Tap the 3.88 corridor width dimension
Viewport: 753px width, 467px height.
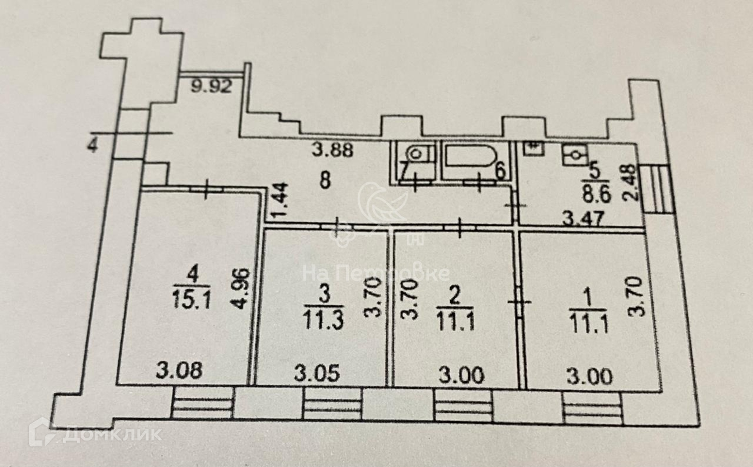click(332, 151)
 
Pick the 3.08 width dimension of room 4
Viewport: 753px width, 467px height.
click(180, 371)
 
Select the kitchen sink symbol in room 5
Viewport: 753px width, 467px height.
click(573, 154)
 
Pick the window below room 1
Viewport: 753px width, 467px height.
click(591, 407)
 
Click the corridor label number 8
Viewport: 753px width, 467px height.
click(324, 181)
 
